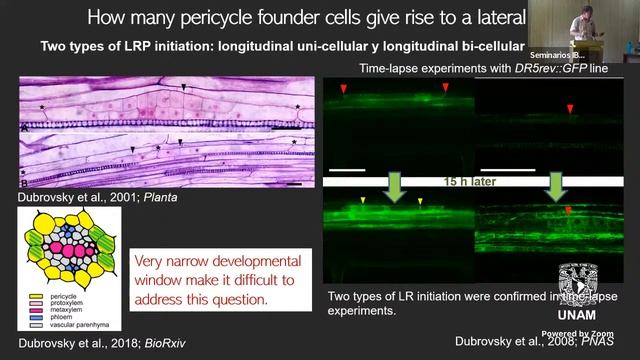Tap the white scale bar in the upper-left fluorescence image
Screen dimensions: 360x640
(346, 169)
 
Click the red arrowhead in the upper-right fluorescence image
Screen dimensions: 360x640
(570, 108)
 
